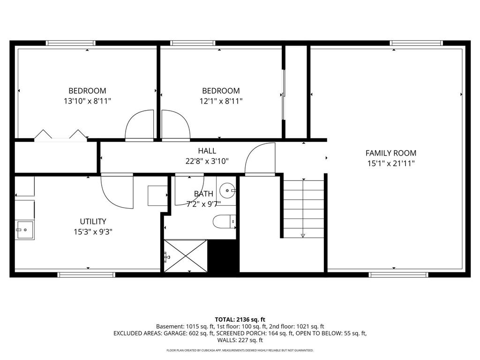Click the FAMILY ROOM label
click(x=390, y=153)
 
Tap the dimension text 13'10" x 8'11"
click(x=87, y=101)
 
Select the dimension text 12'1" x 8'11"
click(x=221, y=101)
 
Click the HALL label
click(x=207, y=151)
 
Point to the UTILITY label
click(x=93, y=221)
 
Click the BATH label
click(x=203, y=194)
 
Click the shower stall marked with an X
click(x=186, y=255)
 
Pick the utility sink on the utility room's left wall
click(x=24, y=230)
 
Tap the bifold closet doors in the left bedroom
click(x=60, y=135)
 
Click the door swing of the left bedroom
click(x=140, y=125)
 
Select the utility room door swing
click(x=117, y=191)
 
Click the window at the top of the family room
click(x=416, y=44)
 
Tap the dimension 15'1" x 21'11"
click(x=390, y=163)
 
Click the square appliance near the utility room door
click(x=157, y=195)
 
